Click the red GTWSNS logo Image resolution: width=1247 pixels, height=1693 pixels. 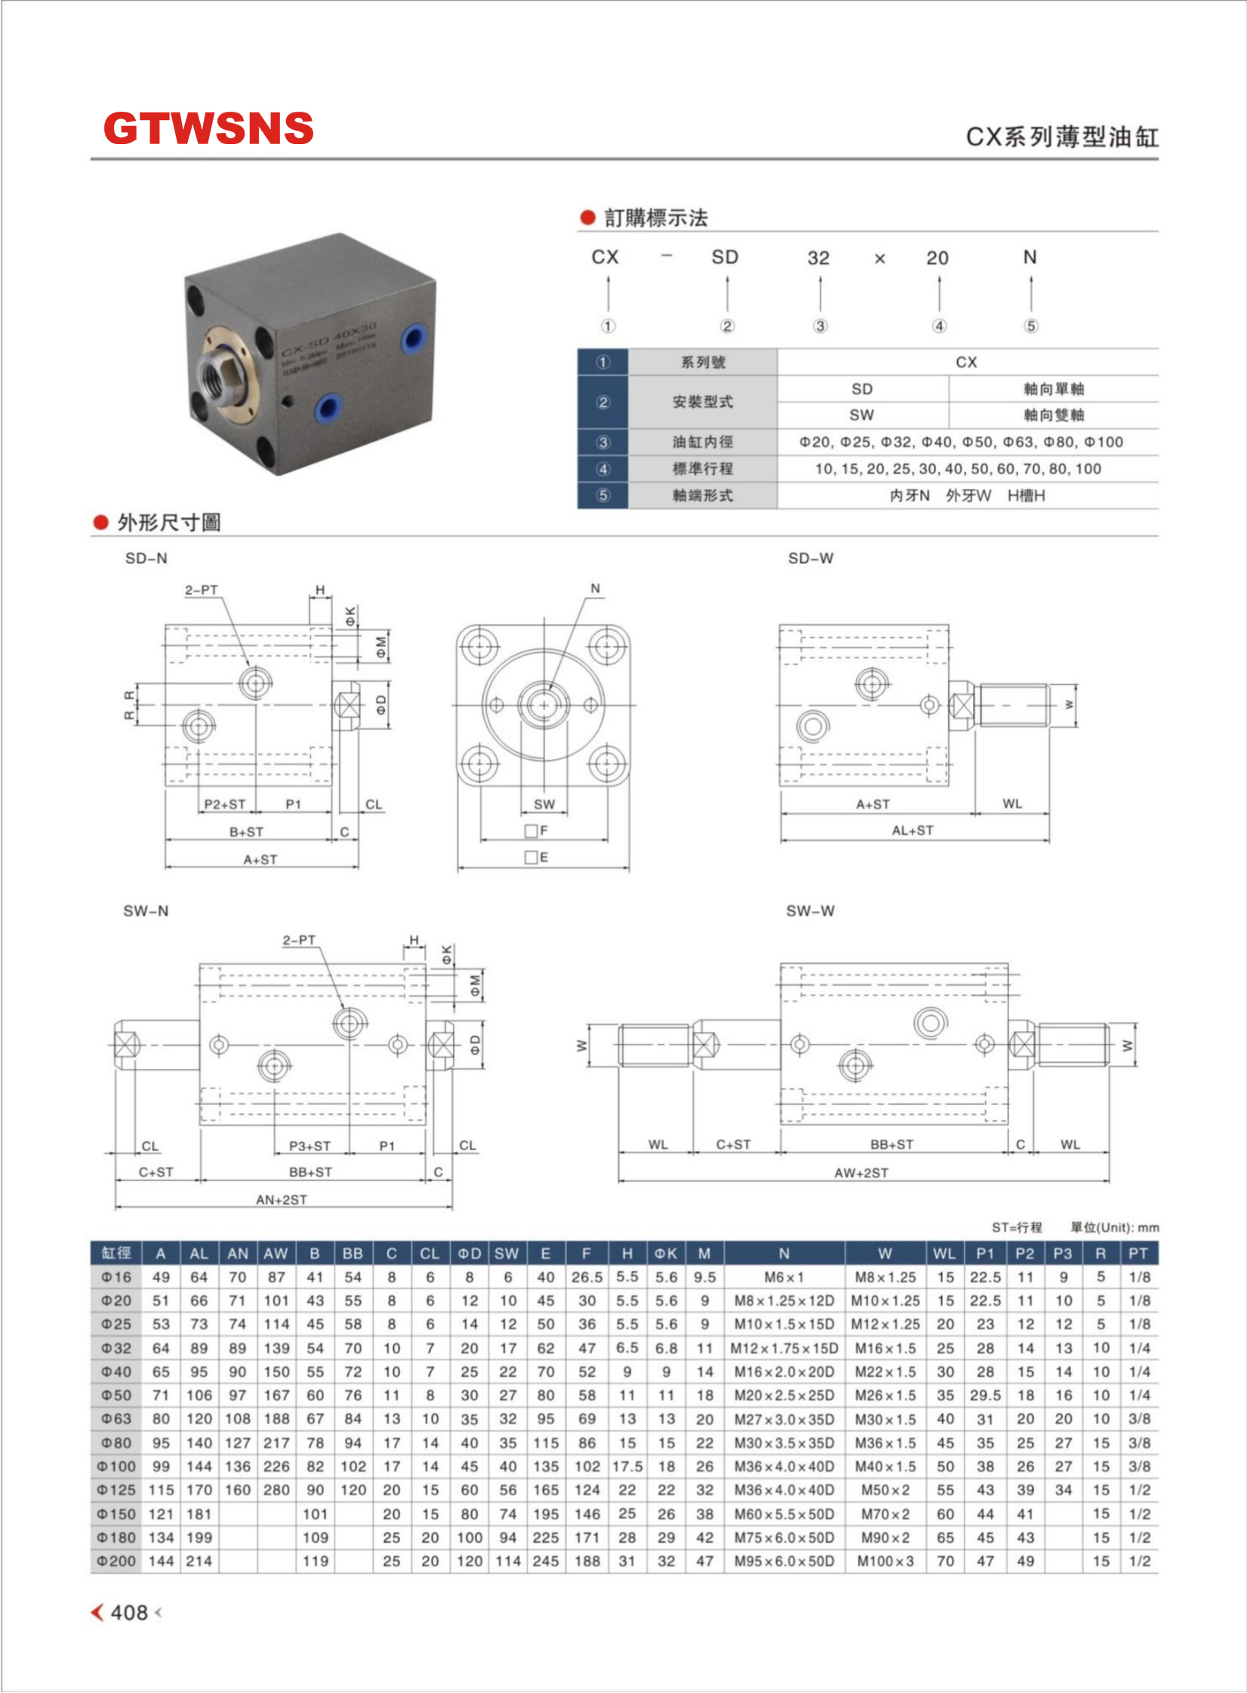208,128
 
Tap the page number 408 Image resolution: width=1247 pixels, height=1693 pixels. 129,1612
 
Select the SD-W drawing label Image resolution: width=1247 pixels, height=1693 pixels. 810,559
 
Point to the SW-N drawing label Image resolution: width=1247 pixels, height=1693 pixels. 146,911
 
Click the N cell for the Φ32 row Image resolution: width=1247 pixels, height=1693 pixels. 784,1348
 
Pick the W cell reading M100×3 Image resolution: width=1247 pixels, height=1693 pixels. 885,1561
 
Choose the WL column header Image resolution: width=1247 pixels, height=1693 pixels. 944,1254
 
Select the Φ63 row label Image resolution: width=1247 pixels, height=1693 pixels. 116,1419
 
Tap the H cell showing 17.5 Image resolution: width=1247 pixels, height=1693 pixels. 627,1467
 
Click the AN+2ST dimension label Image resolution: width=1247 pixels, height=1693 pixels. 282,1199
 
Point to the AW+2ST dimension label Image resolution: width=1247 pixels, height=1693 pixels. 861,1173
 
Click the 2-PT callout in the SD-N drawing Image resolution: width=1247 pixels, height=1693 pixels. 202,590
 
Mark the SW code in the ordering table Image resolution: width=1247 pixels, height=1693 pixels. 861,415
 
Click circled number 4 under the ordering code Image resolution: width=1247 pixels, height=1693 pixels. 939,326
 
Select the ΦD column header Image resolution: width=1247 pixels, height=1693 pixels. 469,1254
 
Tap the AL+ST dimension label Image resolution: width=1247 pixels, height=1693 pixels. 913,830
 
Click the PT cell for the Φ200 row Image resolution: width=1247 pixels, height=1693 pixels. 1139,1561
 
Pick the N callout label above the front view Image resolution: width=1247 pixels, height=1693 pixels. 596,589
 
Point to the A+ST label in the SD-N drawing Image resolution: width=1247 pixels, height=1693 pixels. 260,860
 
